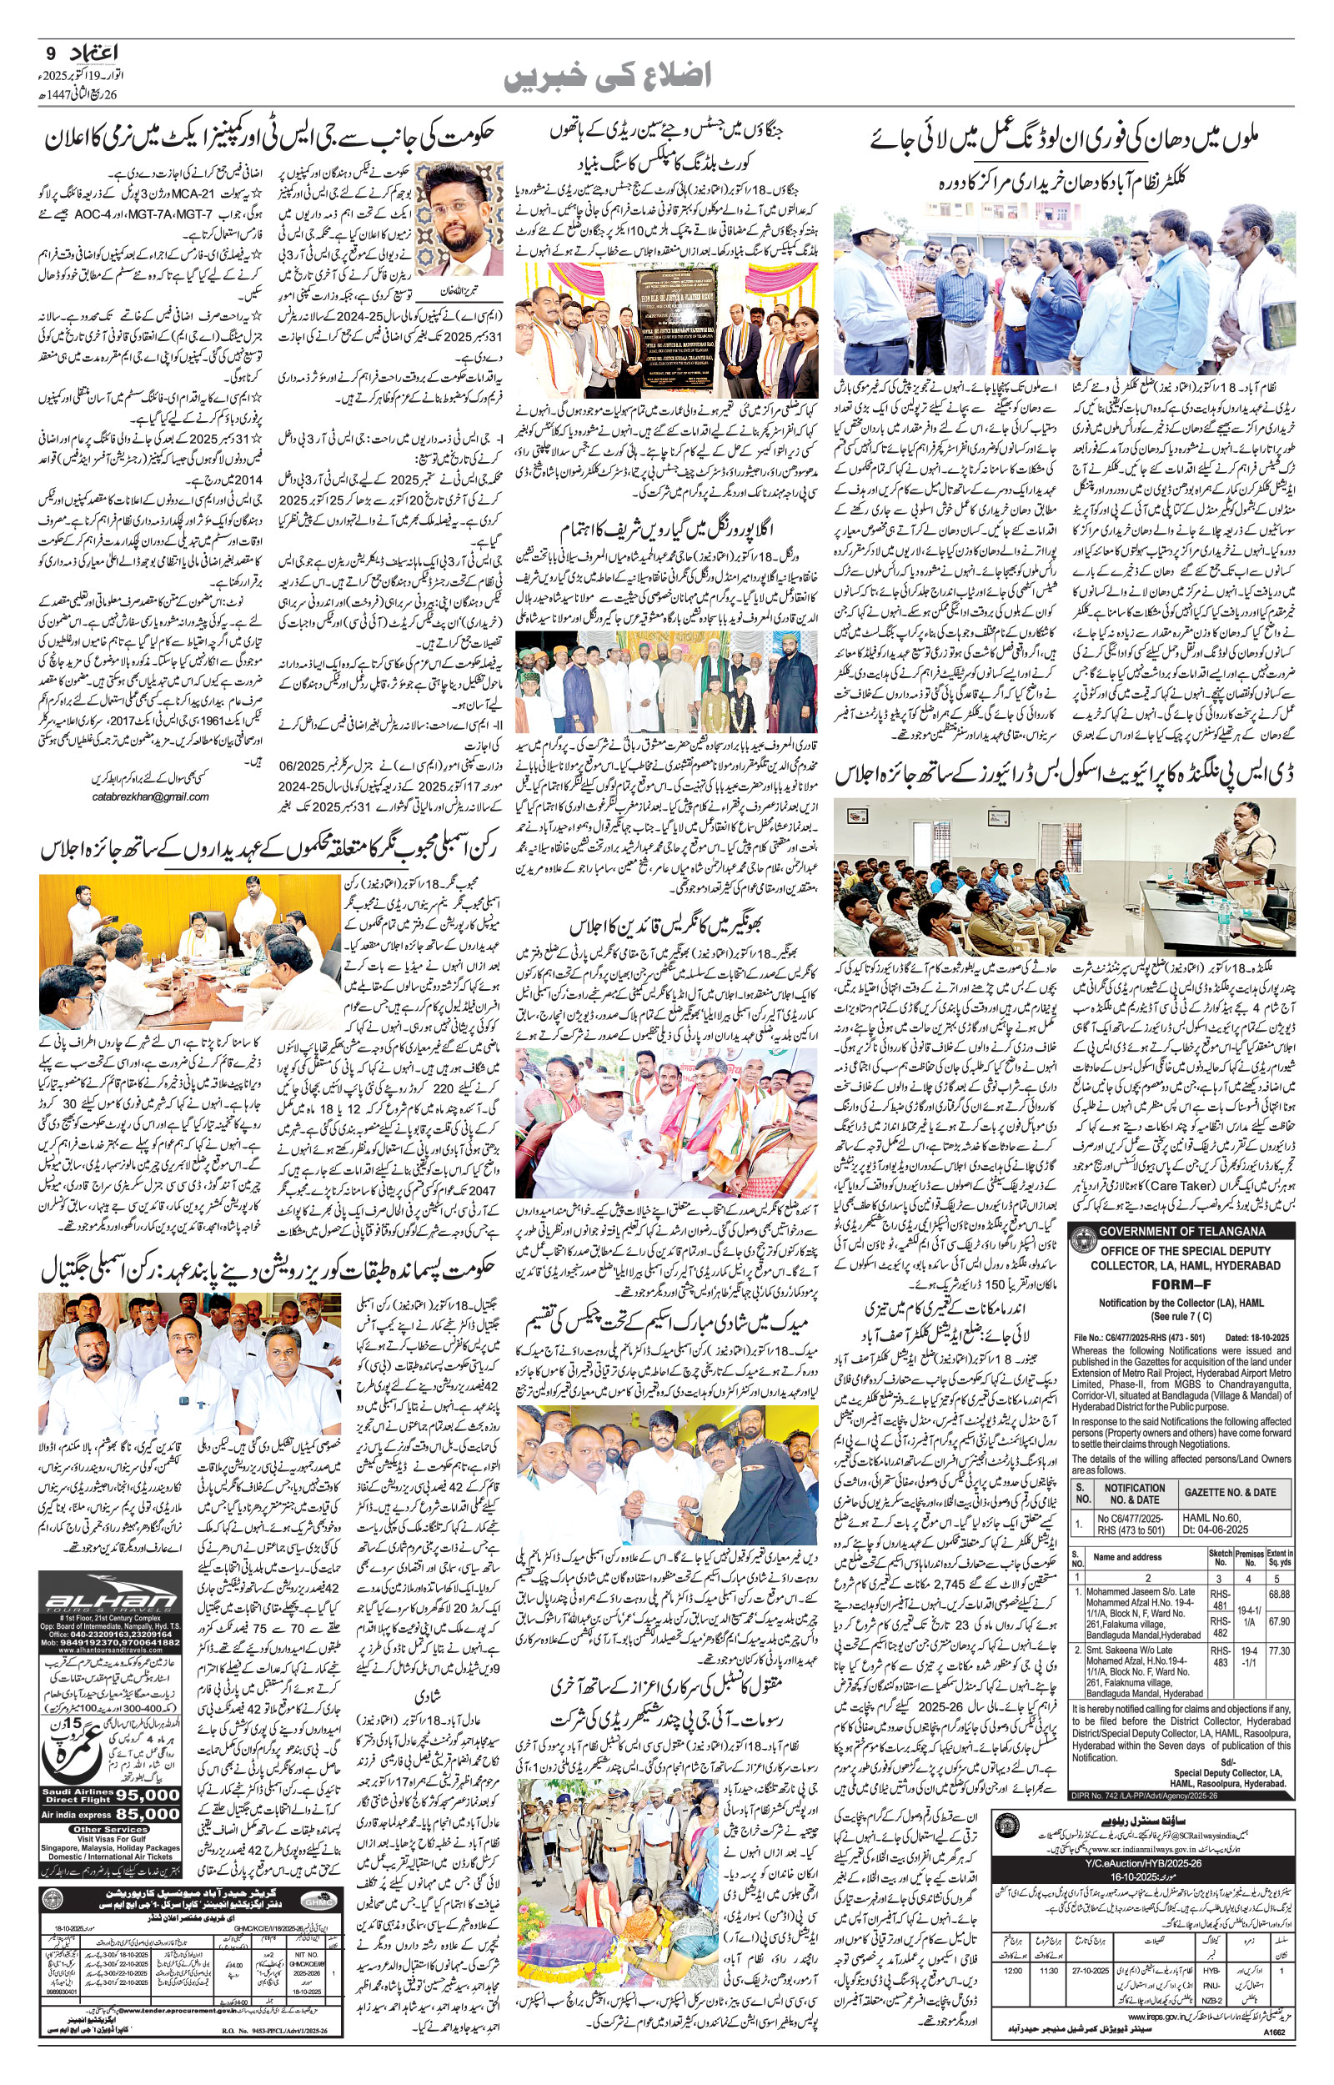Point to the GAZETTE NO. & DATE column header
coord(1229,1493)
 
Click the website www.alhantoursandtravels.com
coord(110,1649)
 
